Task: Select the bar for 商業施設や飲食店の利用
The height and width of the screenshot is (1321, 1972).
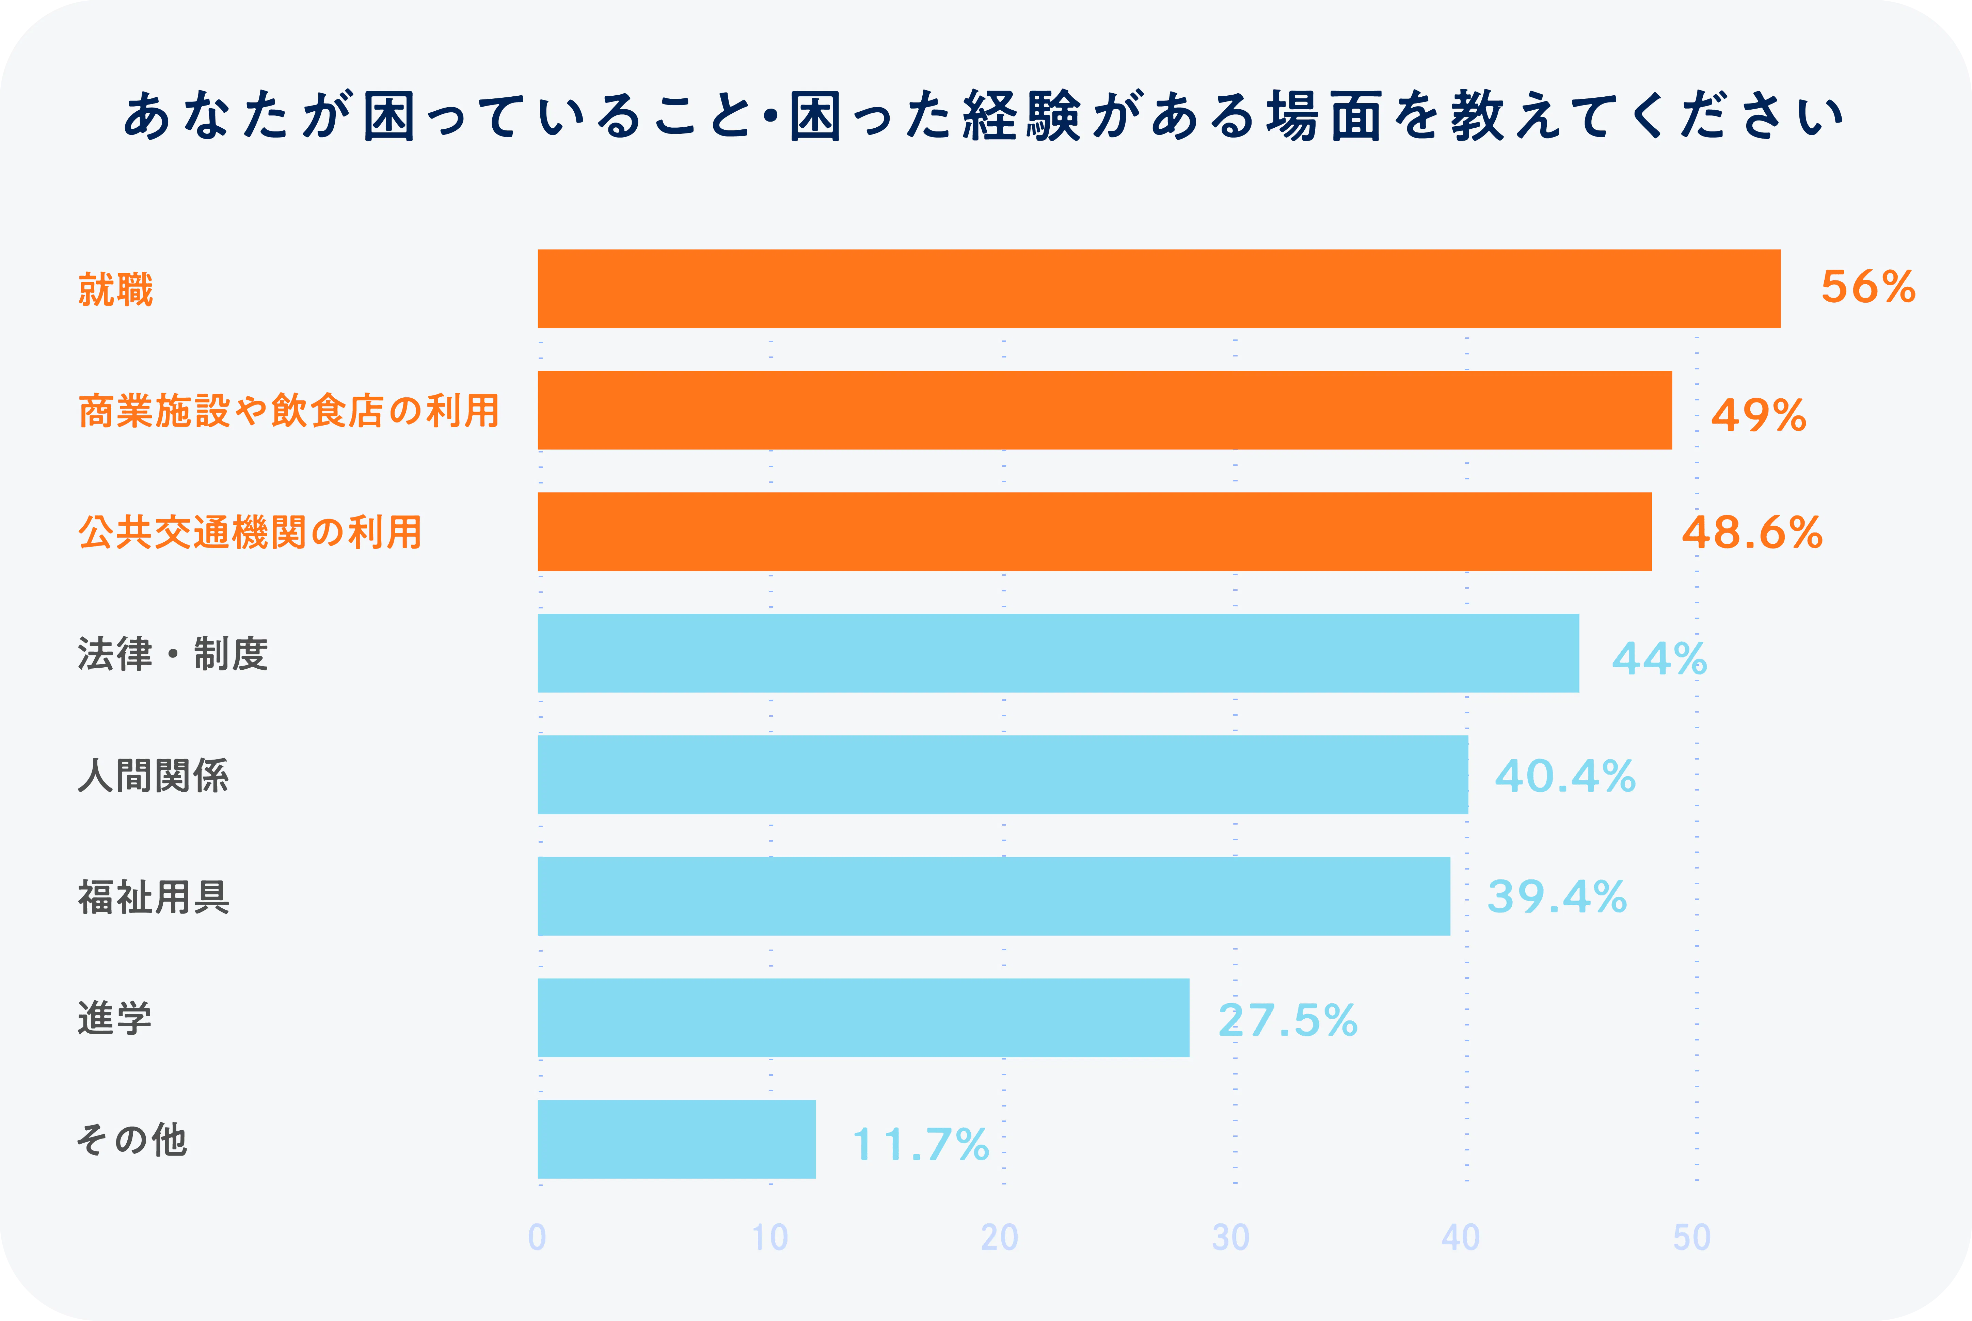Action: pyautogui.click(x=1104, y=410)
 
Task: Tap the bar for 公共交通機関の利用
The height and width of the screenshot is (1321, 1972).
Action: pyautogui.click(x=1094, y=531)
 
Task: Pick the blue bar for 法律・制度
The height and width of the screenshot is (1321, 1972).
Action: pyautogui.click(x=1058, y=653)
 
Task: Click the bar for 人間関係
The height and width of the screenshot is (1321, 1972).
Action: pyautogui.click(x=1002, y=774)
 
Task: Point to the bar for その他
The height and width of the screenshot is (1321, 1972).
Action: pyautogui.click(x=677, y=1139)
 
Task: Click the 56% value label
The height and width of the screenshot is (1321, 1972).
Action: pyautogui.click(x=1867, y=287)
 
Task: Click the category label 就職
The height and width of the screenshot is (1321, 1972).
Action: pyautogui.click(x=115, y=289)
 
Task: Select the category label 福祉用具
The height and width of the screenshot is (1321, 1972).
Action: pyautogui.click(x=153, y=897)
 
